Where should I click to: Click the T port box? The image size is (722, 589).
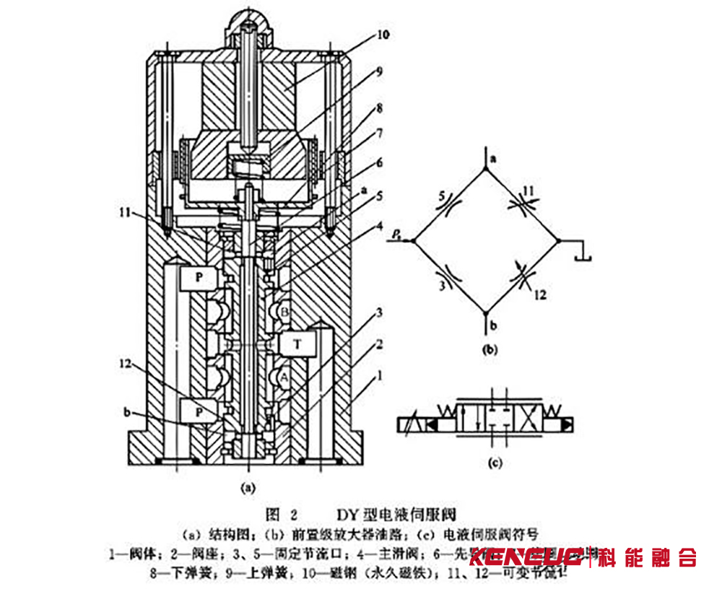[296, 345]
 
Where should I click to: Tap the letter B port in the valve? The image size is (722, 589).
[284, 313]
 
